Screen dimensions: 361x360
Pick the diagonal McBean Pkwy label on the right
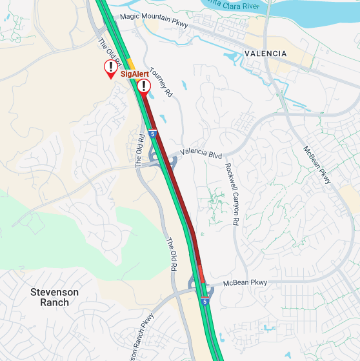(317, 165)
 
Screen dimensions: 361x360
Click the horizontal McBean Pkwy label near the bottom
(245, 283)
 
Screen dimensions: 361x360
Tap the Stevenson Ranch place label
(54, 297)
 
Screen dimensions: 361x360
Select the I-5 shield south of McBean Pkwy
(205, 301)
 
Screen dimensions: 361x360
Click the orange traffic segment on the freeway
(130, 63)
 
